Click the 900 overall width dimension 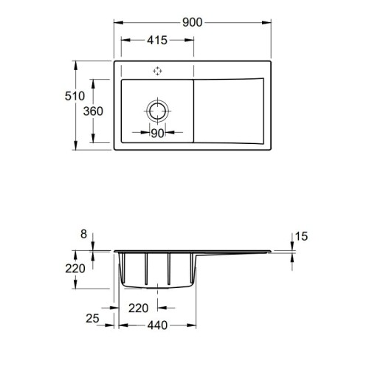193,22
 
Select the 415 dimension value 157,40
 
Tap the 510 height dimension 75,96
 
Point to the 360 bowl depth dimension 93,111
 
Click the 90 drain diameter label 157,133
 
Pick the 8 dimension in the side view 84,234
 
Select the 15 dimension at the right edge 301,236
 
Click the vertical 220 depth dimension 75,269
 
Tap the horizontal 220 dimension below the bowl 139,308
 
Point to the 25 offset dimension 92,319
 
